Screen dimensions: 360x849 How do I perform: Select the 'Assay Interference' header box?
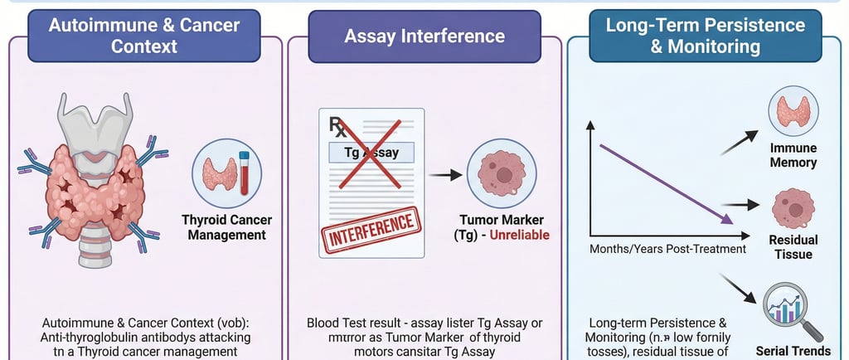(424, 36)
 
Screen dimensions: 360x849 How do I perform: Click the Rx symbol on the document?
(338, 127)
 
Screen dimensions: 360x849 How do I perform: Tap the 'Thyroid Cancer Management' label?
(226, 227)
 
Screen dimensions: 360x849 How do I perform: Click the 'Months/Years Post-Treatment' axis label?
(667, 249)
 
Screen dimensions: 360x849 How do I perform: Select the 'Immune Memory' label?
(793, 155)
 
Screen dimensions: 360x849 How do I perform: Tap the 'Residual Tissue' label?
(793, 247)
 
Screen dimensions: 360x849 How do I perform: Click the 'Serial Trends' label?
(793, 350)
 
